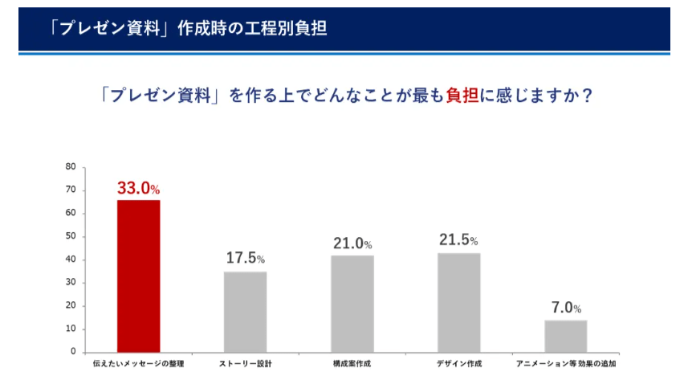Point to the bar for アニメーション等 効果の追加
565,336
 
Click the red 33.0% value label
139,189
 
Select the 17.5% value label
245,259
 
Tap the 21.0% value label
352,243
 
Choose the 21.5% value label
458,240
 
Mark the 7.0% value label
565,308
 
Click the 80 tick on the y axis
71,167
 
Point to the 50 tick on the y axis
71,236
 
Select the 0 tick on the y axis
73,352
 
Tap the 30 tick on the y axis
71,283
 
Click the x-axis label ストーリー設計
245,365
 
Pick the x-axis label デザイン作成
458,365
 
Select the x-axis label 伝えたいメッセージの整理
139,365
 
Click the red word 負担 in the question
462,96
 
